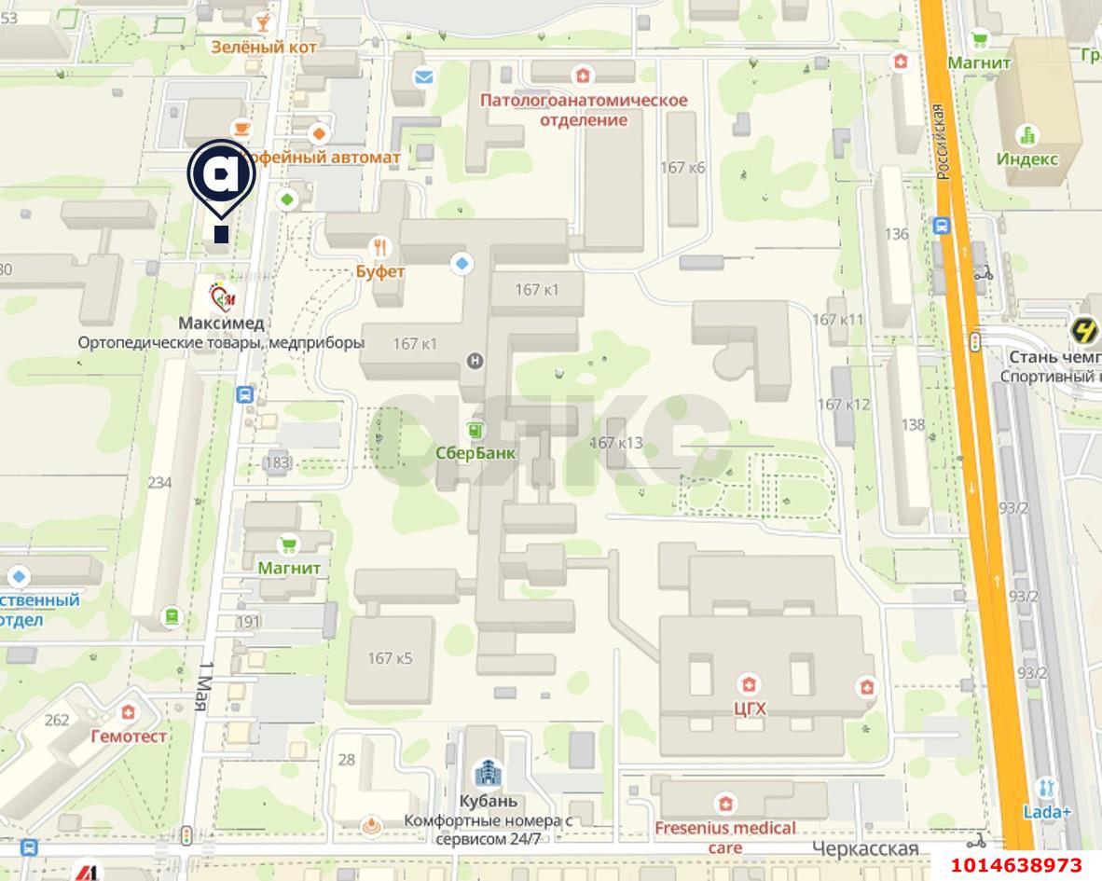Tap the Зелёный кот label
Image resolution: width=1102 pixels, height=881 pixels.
pyautogui.click(x=264, y=47)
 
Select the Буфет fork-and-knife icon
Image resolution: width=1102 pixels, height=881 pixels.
pyautogui.click(x=380, y=248)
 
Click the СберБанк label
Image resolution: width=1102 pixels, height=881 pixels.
pyautogui.click(x=475, y=452)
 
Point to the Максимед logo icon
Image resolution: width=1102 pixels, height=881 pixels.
pyautogui.click(x=222, y=298)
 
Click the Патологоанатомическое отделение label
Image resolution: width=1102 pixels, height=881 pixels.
pyautogui.click(x=584, y=110)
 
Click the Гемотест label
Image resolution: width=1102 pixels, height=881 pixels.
pyautogui.click(x=129, y=736)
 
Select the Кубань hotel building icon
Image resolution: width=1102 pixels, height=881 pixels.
pyautogui.click(x=488, y=773)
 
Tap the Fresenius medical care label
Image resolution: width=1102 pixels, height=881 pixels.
pyautogui.click(x=725, y=836)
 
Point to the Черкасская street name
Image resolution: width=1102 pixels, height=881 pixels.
pyautogui.click(x=865, y=848)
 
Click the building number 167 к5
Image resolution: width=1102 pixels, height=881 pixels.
pyautogui.click(x=390, y=658)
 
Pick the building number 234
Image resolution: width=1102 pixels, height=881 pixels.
pyautogui.click(x=160, y=482)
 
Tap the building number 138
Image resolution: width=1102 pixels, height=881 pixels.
pyautogui.click(x=913, y=424)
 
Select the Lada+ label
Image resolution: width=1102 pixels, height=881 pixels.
pyautogui.click(x=1046, y=811)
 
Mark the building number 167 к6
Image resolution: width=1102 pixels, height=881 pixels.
pyautogui.click(x=682, y=168)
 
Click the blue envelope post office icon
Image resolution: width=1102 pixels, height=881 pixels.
pyautogui.click(x=423, y=77)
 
